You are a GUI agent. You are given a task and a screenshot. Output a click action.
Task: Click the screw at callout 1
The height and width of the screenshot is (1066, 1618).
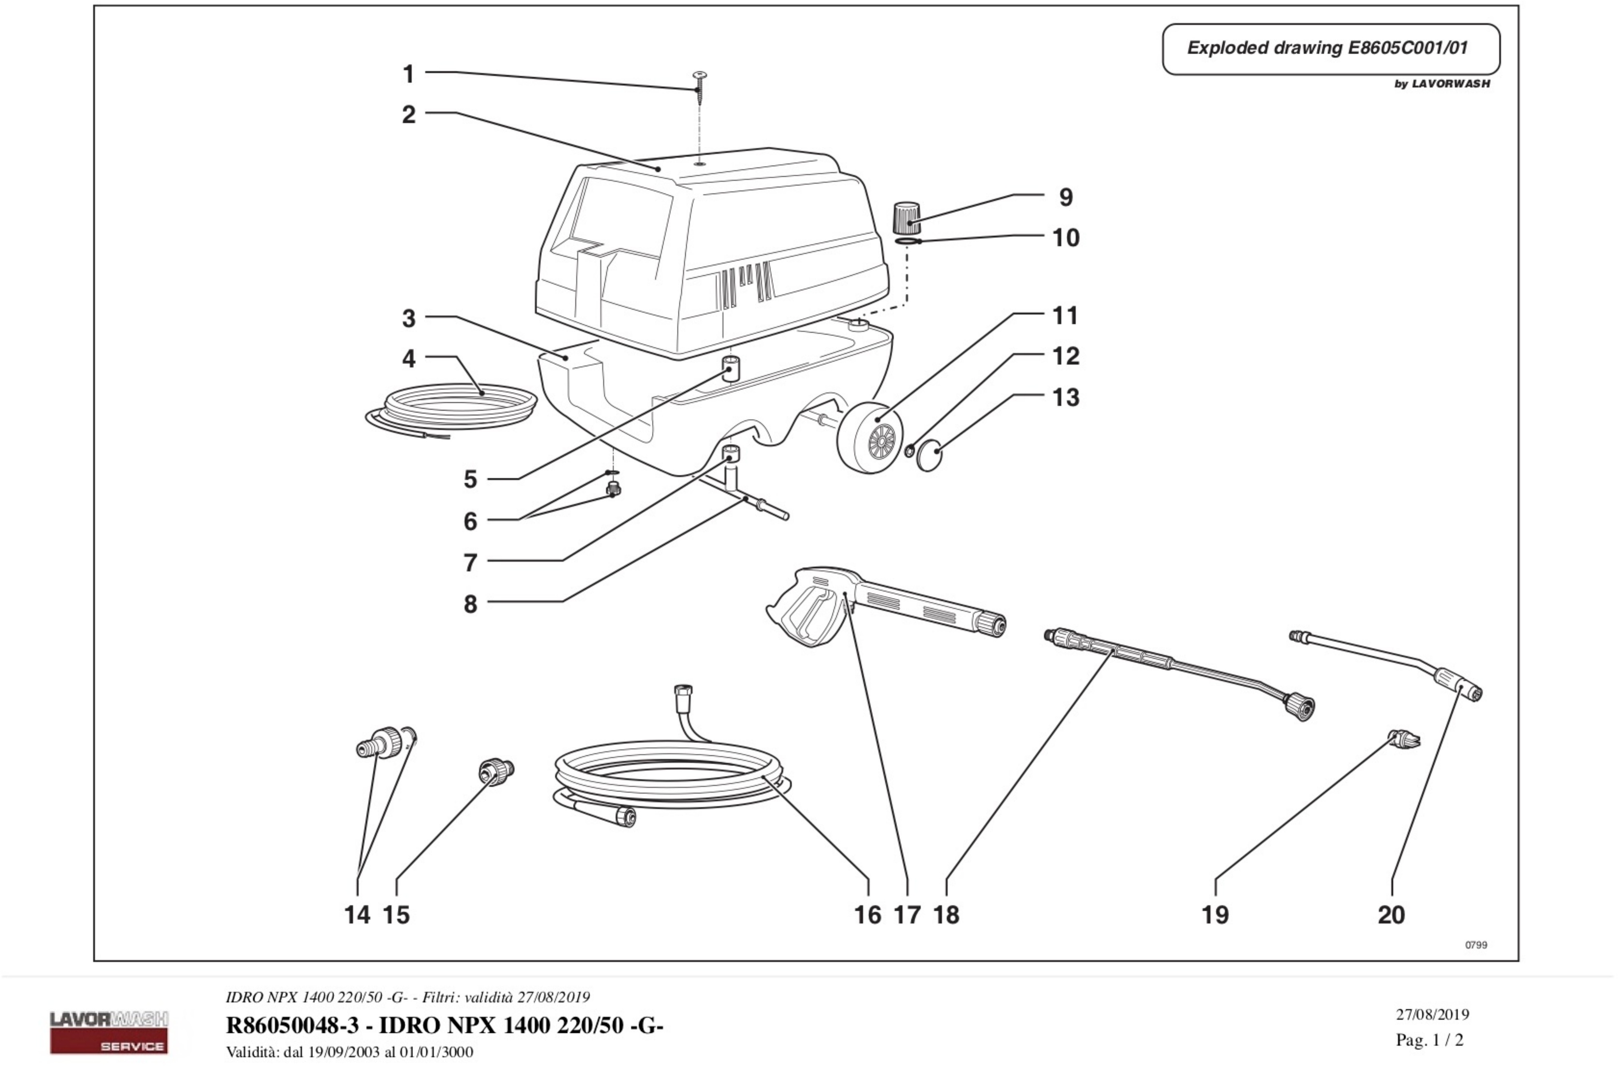[699, 85]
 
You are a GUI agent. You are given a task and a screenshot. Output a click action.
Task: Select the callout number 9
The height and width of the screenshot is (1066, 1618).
[1065, 197]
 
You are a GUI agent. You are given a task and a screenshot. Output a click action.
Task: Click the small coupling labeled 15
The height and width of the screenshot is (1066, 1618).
[496, 770]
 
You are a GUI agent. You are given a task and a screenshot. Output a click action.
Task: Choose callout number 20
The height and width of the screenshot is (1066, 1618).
[1391, 914]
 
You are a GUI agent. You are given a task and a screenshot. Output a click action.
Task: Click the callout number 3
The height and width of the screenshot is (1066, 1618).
[409, 318]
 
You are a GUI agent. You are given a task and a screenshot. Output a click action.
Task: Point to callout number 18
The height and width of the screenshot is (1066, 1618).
[946, 914]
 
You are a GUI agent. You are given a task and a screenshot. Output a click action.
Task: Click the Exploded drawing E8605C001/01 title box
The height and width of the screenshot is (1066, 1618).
[1330, 49]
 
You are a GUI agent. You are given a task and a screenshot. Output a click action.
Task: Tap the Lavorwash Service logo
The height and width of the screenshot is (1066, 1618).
[109, 1032]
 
